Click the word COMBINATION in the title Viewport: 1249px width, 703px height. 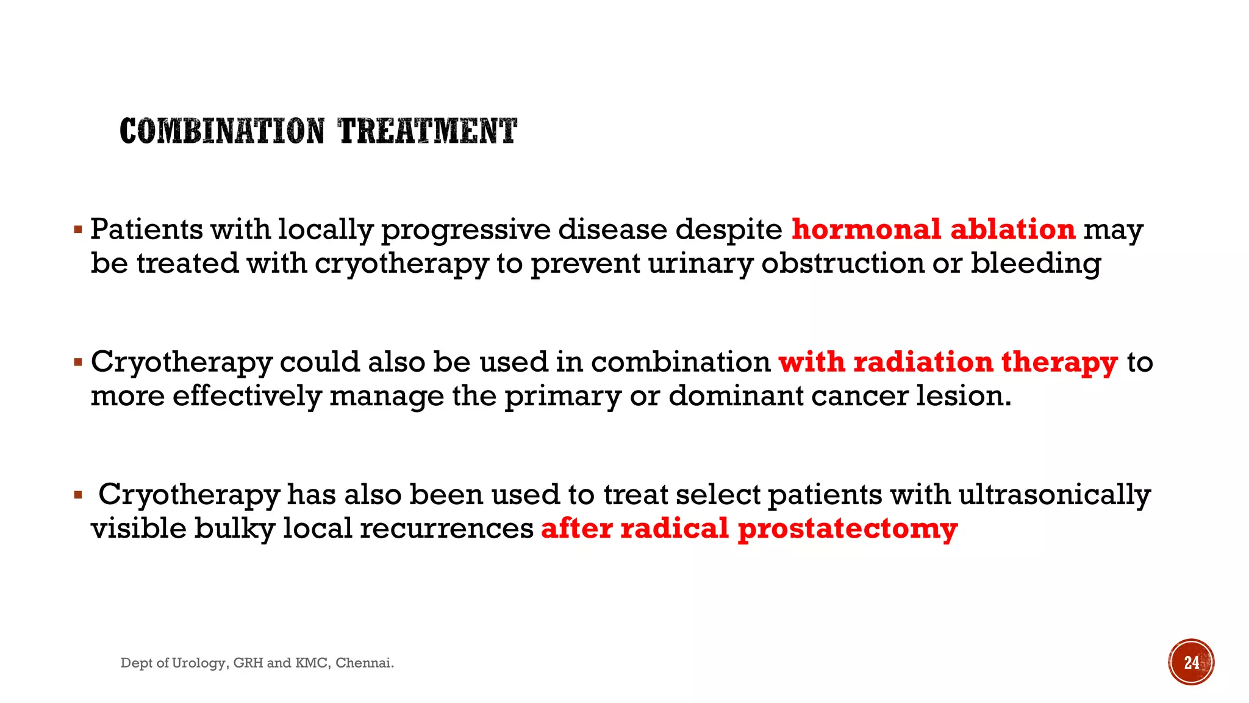[222, 131]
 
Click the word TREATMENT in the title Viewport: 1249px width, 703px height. [428, 131]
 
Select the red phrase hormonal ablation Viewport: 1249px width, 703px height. [933, 229]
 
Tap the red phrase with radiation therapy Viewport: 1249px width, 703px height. [948, 362]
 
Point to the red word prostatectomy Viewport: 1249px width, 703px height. [847, 528]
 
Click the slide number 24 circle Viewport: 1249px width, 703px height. [1191, 662]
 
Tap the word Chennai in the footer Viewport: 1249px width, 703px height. [364, 663]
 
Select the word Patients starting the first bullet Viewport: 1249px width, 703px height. [146, 229]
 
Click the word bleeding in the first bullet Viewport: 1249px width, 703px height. [1036, 264]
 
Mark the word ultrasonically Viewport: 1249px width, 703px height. [1054, 494]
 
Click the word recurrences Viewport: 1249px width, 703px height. [446, 528]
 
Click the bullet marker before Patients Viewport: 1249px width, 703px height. [77, 231]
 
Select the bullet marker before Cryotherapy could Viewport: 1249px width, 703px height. [77, 363]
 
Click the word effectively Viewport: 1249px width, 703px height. [246, 396]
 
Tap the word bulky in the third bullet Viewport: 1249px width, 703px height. [234, 528]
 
